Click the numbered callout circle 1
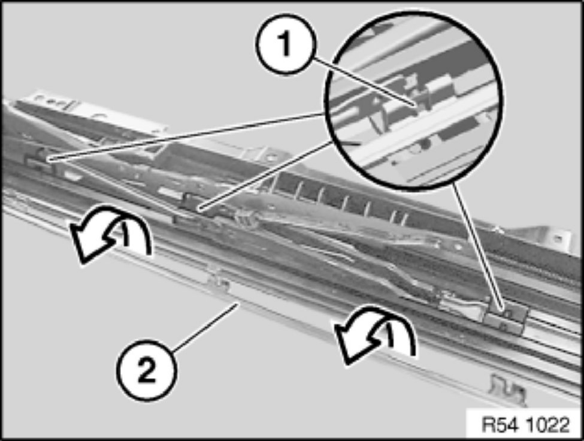coord(286,44)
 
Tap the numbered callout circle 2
coord(147,370)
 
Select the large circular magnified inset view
coord(413,101)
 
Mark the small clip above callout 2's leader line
coord(220,281)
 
